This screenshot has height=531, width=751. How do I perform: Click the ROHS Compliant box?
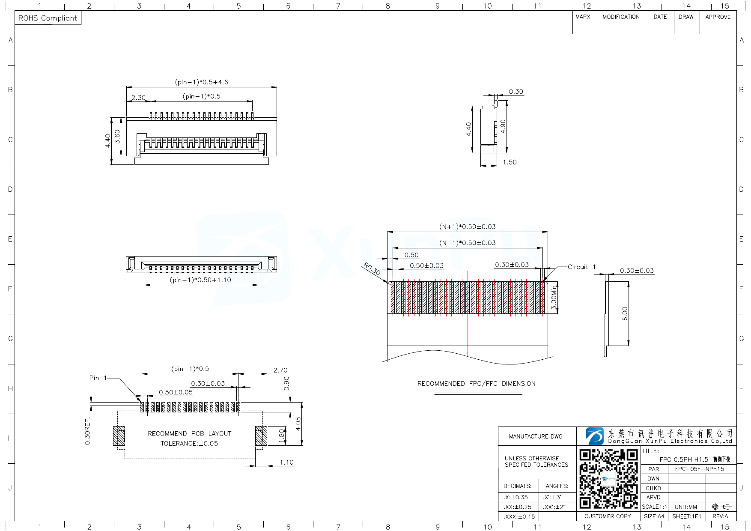tap(48, 18)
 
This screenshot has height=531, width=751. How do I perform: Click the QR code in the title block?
tap(608, 478)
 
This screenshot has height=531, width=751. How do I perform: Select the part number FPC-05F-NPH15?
tap(699, 469)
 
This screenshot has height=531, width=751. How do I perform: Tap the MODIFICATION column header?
tap(621, 17)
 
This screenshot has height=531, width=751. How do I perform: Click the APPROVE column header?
tap(718, 17)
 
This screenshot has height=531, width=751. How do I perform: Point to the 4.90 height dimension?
tap(503, 126)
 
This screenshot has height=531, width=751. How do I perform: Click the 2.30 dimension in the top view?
tap(138, 98)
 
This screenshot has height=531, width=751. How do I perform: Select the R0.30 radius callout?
tap(372, 269)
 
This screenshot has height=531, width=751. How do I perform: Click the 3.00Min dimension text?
tap(554, 298)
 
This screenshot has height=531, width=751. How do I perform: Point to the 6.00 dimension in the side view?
tap(625, 313)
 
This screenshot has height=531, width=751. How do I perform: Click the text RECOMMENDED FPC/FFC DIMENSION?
tap(476, 384)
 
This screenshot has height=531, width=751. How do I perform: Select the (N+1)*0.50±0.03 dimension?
tap(467, 227)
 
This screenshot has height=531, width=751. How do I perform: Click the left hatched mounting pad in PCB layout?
tap(119, 436)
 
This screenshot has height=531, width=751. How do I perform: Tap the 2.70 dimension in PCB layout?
tap(280, 370)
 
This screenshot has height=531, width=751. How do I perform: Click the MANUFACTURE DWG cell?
tap(536, 436)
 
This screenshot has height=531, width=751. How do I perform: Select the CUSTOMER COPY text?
tap(608, 516)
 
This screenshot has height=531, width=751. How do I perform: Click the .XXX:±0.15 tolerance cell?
tap(519, 516)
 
